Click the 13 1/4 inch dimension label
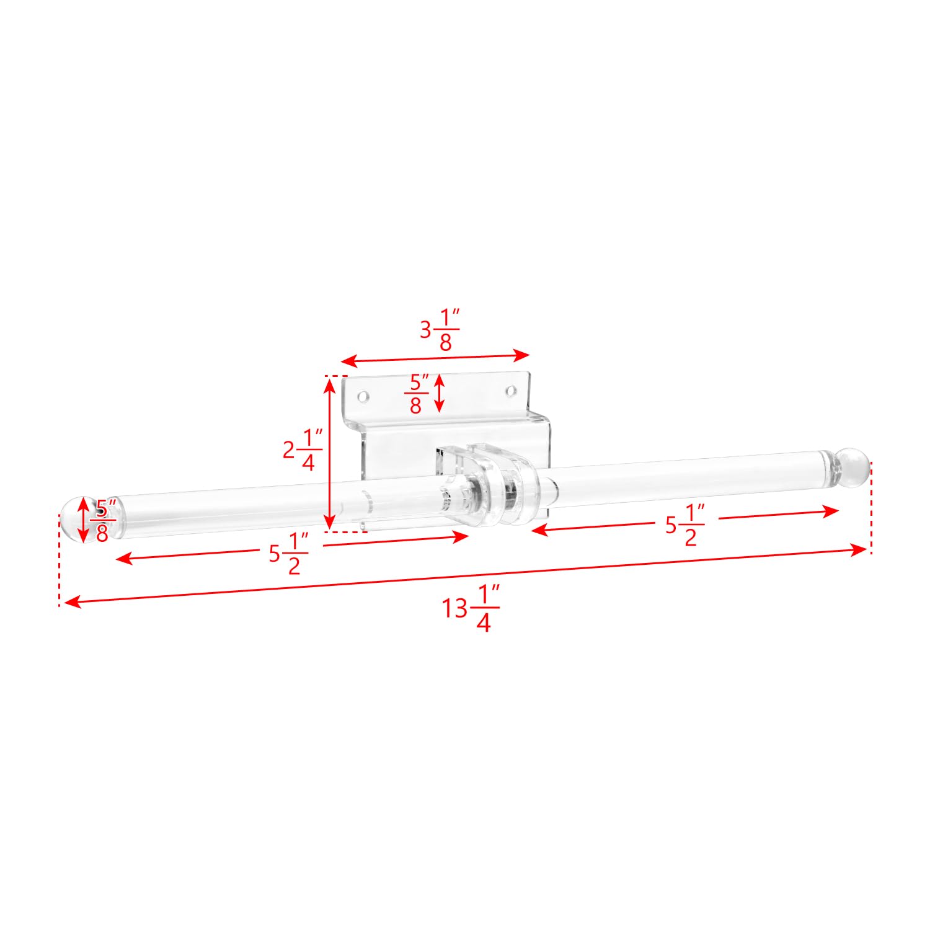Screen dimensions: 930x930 point(471,608)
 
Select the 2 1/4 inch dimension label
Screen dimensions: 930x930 point(303,450)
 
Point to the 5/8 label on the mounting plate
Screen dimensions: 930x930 point(416,393)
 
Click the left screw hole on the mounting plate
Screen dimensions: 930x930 point(363,395)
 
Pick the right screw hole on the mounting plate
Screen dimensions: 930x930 point(511,391)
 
